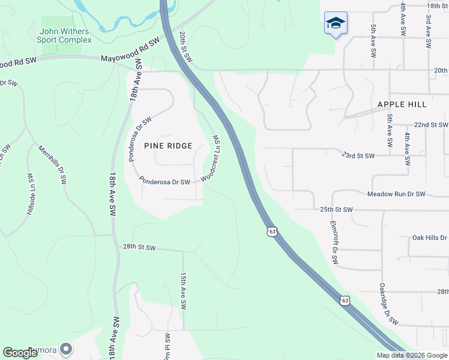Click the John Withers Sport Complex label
65,35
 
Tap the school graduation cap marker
336,23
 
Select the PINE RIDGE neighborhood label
168,146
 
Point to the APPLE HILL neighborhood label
402,104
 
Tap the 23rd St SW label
358,156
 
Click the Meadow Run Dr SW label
396,194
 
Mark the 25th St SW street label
336,209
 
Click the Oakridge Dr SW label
388,304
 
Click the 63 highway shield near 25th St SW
273,232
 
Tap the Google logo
20,353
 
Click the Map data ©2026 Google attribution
412,355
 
